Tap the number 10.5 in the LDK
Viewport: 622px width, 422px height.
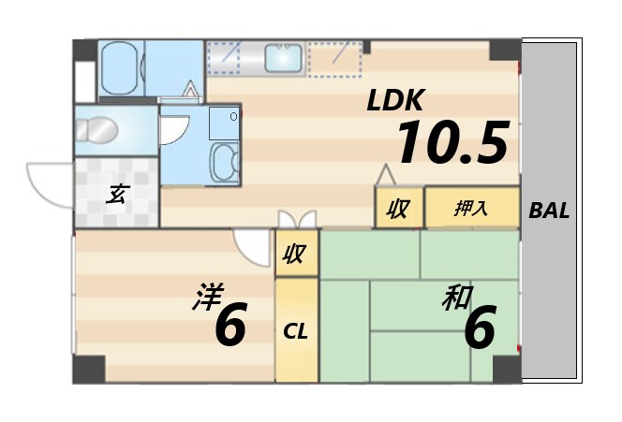452,143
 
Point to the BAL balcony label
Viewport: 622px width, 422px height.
549,211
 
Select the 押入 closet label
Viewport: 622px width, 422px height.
471,209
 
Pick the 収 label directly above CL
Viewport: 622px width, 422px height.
294,254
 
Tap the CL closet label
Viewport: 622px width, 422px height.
296,330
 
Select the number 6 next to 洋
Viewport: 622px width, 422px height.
230,326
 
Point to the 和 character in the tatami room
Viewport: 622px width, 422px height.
456,300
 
